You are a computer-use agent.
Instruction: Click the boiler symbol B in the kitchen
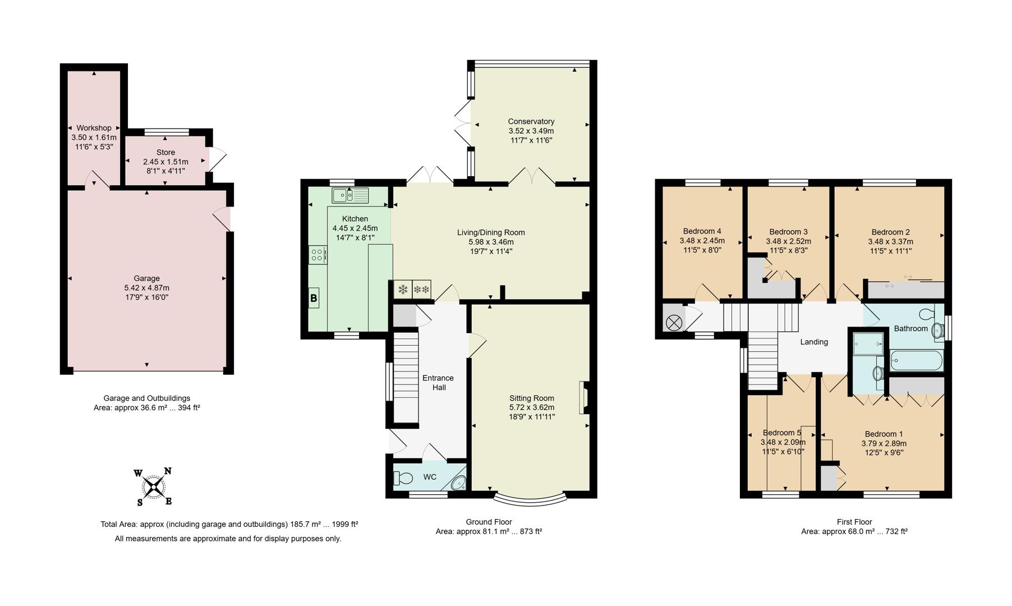(x=314, y=299)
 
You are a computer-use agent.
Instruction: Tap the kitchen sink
(x=350, y=195)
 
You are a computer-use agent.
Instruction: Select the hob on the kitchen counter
(x=317, y=255)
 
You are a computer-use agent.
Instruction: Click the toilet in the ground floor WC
(x=403, y=478)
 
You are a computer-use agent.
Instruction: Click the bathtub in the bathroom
(x=917, y=361)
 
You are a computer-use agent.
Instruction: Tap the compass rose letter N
(x=167, y=471)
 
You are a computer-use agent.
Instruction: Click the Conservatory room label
(x=531, y=121)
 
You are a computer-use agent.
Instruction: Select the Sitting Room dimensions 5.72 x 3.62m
(x=531, y=407)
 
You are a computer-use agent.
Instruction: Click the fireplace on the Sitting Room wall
(x=584, y=398)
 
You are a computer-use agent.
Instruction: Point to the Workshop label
(x=94, y=128)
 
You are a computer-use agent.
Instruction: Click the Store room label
(x=165, y=152)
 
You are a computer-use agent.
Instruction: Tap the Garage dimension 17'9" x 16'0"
(x=146, y=297)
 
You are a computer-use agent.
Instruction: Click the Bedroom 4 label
(x=702, y=231)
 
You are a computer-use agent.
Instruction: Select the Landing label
(x=813, y=342)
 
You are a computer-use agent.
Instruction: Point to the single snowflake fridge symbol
(x=403, y=290)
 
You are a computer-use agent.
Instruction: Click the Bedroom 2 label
(x=890, y=232)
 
